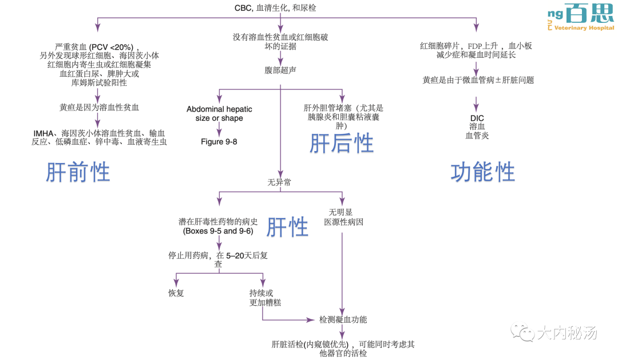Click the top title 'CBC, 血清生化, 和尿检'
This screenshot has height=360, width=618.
click(276, 8)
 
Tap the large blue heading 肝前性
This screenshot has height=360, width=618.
click(78, 172)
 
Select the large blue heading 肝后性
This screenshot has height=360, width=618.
click(342, 143)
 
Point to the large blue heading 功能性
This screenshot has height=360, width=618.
click(482, 172)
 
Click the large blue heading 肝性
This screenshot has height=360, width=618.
click(288, 227)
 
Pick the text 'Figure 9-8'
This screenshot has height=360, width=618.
click(219, 141)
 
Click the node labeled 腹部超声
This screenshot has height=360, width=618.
click(280, 70)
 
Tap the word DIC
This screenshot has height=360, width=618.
click(477, 118)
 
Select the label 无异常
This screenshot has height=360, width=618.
click(279, 183)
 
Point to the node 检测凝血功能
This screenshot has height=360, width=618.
click(343, 319)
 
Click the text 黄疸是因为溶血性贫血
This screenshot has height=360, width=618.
click(99, 107)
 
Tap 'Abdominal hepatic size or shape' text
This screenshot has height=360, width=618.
click(219, 113)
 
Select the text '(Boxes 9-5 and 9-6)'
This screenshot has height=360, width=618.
click(218, 231)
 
